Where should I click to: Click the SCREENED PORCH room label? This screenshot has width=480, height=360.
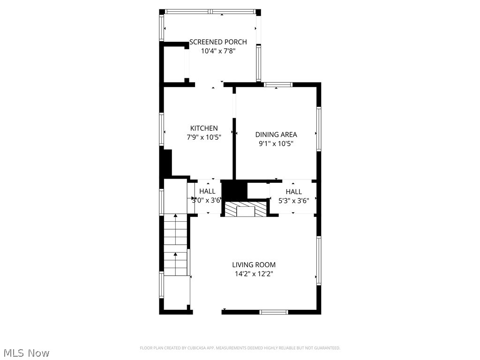pyautogui.click(x=218, y=42)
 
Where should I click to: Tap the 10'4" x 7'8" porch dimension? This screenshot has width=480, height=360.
pyautogui.click(x=218, y=51)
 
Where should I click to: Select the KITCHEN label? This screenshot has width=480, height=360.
pyautogui.click(x=204, y=128)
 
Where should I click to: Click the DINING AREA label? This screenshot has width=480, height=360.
pyautogui.click(x=276, y=135)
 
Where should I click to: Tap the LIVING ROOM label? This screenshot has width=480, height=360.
pyautogui.click(x=254, y=265)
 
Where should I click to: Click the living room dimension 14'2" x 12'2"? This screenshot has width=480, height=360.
pyautogui.click(x=254, y=274)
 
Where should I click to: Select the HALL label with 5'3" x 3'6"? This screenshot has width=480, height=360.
pyautogui.click(x=294, y=192)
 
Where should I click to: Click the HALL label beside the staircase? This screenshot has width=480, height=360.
pyautogui.click(x=207, y=192)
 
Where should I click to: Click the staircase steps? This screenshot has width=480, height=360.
pyautogui.click(x=175, y=245)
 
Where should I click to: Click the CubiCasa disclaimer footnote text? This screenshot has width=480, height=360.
pyautogui.click(x=240, y=348)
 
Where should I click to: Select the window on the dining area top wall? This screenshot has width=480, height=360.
pyautogui.click(x=278, y=85)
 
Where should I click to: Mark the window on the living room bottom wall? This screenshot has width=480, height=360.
pyautogui.click(x=274, y=312)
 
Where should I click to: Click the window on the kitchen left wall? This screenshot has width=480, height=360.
pyautogui.click(x=162, y=129)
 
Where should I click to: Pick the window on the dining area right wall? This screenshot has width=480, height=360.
pyautogui.click(x=319, y=128)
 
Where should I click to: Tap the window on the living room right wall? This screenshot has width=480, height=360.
pyautogui.click(x=319, y=261)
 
